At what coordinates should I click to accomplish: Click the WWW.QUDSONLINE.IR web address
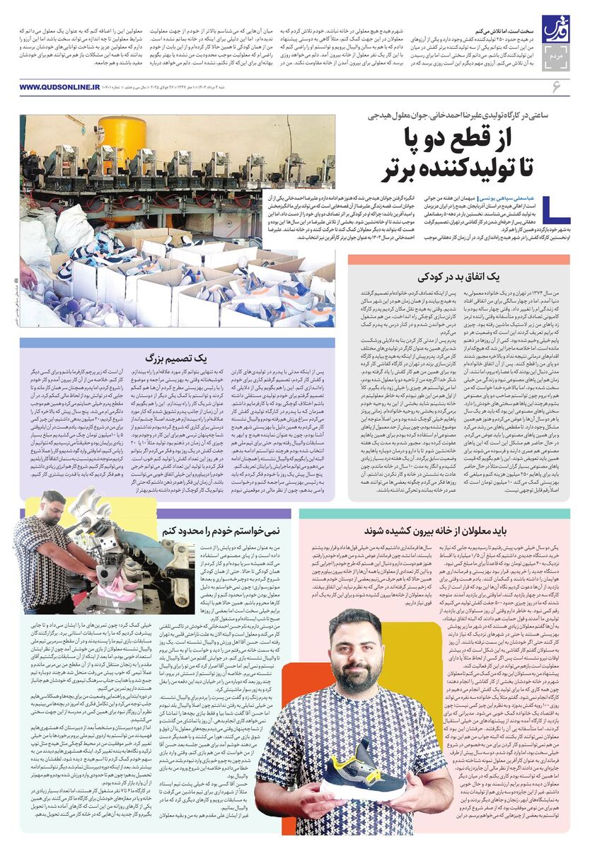tap(60, 87)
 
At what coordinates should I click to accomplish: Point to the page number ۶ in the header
tap(556, 87)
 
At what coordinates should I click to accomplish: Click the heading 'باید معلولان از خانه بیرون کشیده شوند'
tap(434, 531)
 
